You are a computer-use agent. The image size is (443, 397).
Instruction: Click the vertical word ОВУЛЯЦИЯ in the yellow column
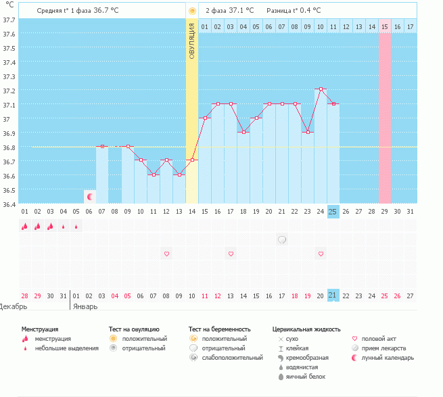(x=192, y=41)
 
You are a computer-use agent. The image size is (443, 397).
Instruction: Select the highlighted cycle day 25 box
(x=333, y=212)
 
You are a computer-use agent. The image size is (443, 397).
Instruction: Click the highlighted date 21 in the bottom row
(x=333, y=296)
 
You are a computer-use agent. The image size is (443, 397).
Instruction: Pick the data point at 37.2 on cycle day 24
(x=321, y=89)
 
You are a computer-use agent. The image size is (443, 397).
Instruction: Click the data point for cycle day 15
(x=205, y=118)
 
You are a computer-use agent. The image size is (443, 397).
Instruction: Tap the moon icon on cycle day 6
(x=89, y=196)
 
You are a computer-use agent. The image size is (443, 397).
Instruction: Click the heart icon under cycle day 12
(x=166, y=254)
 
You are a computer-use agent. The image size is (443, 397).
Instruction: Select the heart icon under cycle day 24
(x=321, y=254)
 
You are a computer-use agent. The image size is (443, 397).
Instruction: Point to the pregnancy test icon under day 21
(x=282, y=239)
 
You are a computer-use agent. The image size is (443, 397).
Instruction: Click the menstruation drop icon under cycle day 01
(x=25, y=227)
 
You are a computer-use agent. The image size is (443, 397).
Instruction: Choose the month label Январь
(x=85, y=306)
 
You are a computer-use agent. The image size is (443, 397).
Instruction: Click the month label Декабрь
(x=14, y=306)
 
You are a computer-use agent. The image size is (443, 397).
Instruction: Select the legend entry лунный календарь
(x=387, y=357)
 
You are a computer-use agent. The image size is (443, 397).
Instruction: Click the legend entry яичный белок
(x=303, y=376)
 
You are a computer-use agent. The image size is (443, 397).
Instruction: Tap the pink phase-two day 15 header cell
(x=384, y=26)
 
